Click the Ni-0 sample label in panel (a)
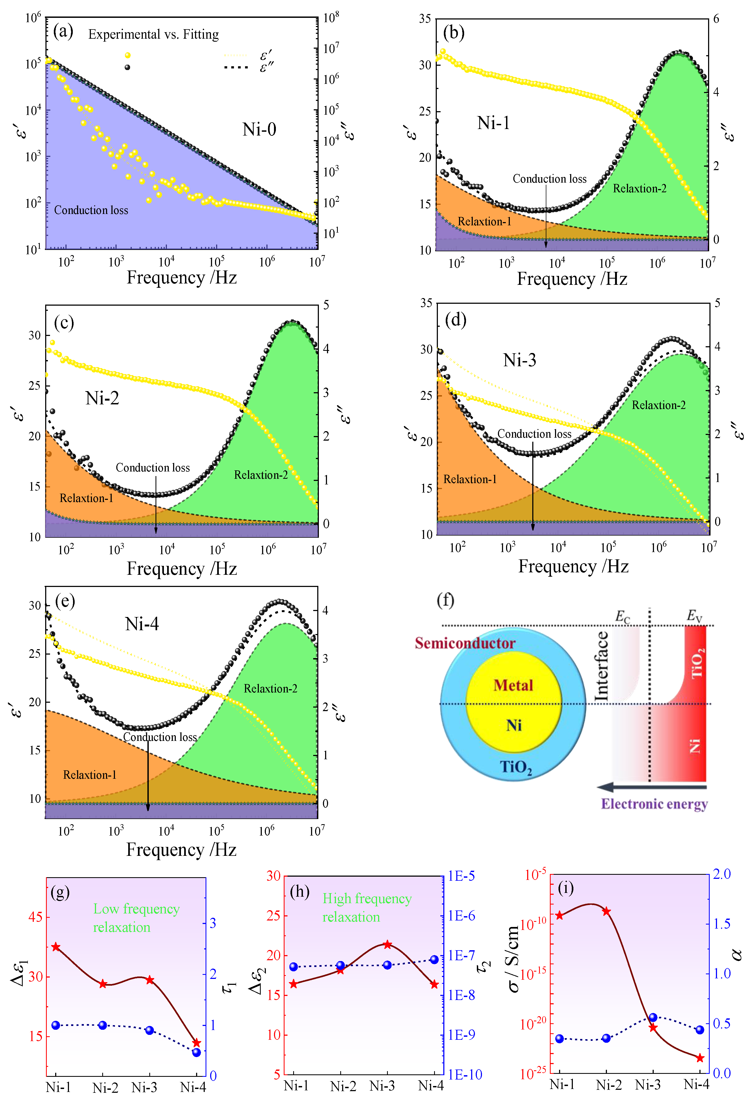pyautogui.click(x=259, y=129)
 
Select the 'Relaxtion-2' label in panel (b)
pyautogui.click(x=639, y=189)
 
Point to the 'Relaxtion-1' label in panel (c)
pyautogui.click(x=86, y=498)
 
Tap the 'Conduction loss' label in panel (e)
pyautogui.click(x=160, y=737)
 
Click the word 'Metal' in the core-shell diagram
pyautogui.click(x=513, y=685)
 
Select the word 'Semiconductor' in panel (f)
pyautogui.click(x=465, y=643)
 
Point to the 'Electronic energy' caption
pyautogui.click(x=654, y=804)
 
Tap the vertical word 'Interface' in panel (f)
pyautogui.click(x=601, y=667)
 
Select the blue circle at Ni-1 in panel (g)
pyautogui.click(x=56, y=1025)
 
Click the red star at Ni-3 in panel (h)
pyautogui.click(x=387, y=944)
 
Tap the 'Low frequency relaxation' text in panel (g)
pyautogui.click(x=136, y=918)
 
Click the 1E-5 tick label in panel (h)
pyautogui.click(x=461, y=876)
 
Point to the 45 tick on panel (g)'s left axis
pyautogui.click(x=35, y=917)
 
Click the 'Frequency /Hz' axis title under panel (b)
pyautogui.click(x=572, y=279)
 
